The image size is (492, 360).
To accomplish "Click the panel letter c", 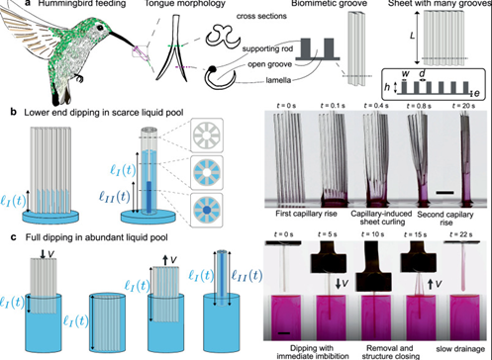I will click(8, 235).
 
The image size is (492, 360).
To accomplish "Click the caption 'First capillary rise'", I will click(298, 211).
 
